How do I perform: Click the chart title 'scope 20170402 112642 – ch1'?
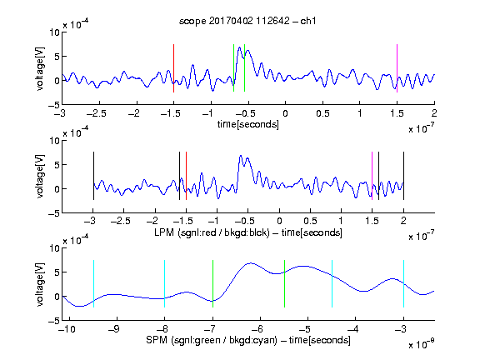coord(247,21)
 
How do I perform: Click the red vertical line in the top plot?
coord(173,68)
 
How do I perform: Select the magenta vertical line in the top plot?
coord(397,68)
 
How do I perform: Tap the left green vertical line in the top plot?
coord(233,68)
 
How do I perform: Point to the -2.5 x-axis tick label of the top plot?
coord(97,113)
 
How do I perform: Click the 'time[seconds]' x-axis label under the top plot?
coord(248,124)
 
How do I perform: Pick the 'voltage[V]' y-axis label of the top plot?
coord(40,68)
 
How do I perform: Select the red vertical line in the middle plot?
coord(186,176)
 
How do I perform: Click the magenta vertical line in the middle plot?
coord(372,176)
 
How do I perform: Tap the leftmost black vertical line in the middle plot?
coord(93,176)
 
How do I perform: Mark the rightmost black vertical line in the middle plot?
coord(403,176)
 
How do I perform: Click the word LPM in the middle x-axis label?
coord(164,232)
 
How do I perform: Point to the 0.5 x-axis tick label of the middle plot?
coord(310,221)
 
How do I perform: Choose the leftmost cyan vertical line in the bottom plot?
coord(93,283)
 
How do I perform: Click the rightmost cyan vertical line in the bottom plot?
coord(403,283)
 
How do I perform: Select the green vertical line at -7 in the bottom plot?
coord(212,283)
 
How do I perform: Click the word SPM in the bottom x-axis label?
coord(157,340)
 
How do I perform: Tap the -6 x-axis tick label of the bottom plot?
coord(258,329)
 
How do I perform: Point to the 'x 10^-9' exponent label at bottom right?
coord(421,344)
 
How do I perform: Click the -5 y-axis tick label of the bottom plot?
coord(54,321)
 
